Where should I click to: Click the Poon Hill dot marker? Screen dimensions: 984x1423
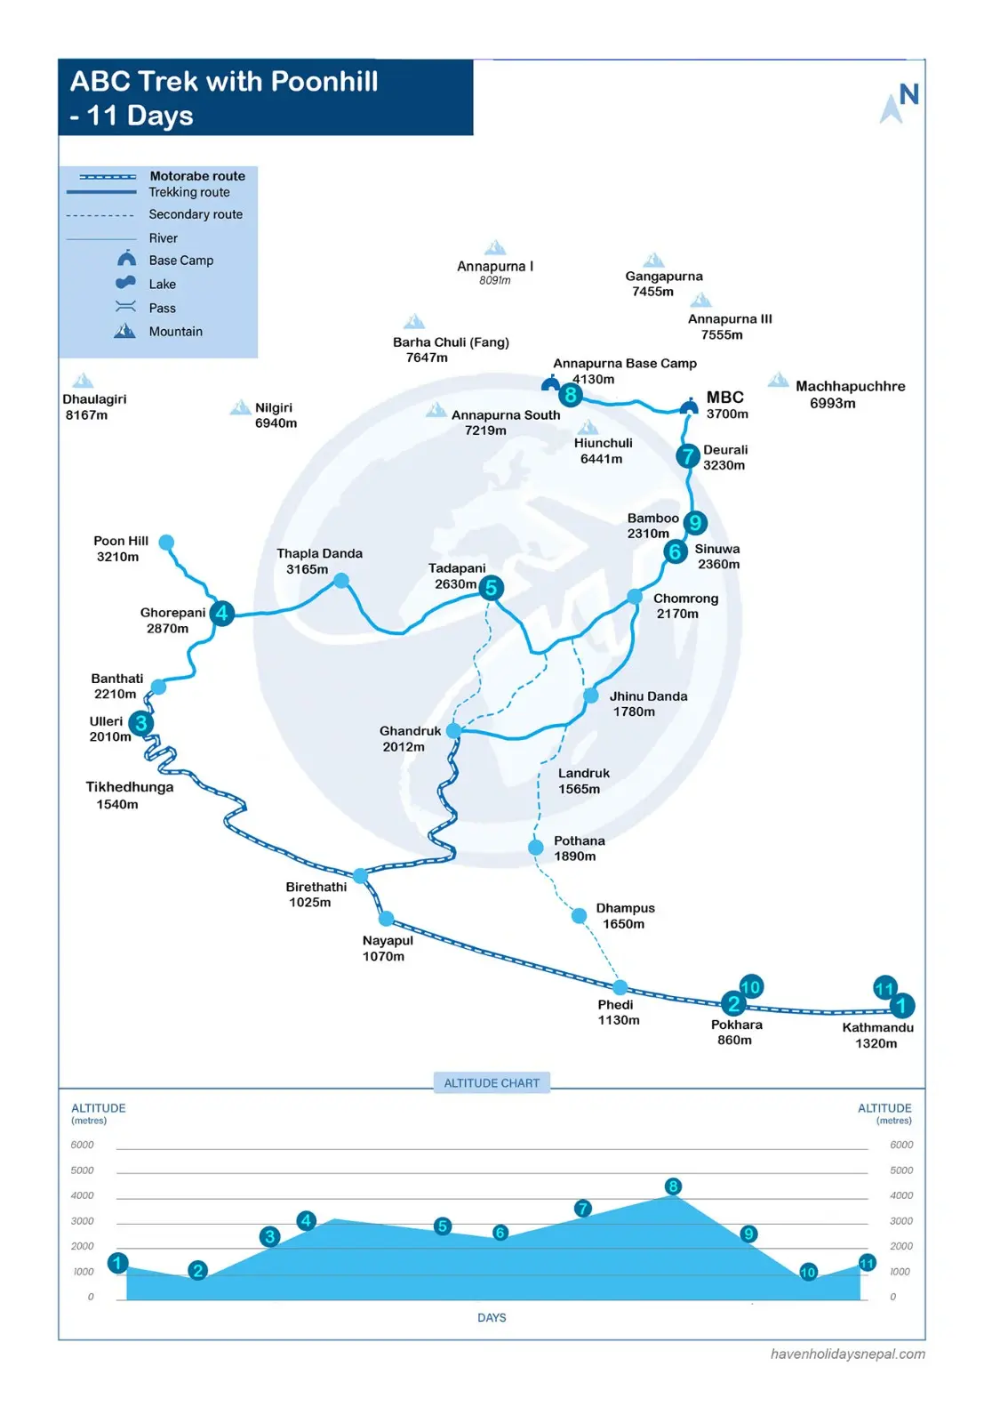[166, 542]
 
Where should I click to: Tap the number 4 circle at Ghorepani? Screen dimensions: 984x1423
[221, 613]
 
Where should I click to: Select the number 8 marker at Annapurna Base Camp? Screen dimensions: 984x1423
[570, 395]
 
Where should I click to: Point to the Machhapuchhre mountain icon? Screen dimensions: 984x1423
[778, 380]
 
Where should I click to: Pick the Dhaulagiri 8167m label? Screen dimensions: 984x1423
[94, 406]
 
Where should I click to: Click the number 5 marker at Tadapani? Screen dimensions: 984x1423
[491, 588]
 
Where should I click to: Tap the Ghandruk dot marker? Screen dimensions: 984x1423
[453, 730]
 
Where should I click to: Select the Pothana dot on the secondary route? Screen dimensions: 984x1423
[536, 847]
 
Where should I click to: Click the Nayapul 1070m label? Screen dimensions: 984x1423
[388, 948]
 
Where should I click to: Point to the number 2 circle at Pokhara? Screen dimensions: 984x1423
[733, 1004]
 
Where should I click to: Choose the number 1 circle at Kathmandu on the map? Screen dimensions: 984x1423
[901, 1006]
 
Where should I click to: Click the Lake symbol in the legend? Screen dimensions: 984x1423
[125, 283]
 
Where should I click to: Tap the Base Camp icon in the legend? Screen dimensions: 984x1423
[126, 258]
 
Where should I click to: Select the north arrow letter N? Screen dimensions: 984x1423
[908, 94]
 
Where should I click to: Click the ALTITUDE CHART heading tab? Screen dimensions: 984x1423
[492, 1082]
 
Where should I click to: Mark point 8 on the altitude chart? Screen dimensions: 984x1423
[673, 1186]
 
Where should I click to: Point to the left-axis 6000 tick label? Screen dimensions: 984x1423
[82, 1145]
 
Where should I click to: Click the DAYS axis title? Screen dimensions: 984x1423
[492, 1317]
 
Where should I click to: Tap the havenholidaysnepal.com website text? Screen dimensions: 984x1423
[847, 1354]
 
